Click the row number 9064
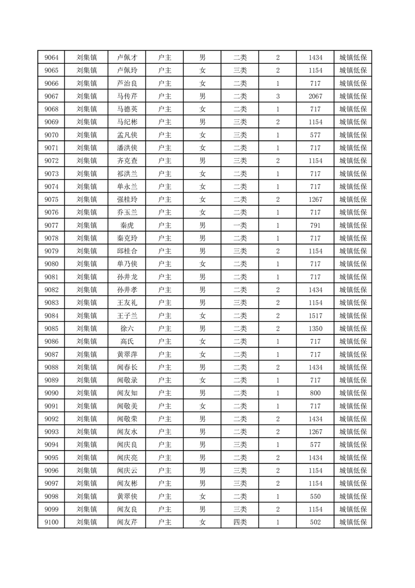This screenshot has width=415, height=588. tap(51, 57)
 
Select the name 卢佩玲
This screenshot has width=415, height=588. tap(127, 70)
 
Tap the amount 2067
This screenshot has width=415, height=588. tap(316, 96)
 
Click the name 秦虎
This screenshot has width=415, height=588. tap(127, 225)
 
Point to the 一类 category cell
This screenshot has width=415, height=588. tap(240, 225)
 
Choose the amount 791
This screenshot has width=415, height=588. tap(316, 225)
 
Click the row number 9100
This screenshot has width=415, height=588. tap(51, 522)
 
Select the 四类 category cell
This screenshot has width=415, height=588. tap(240, 522)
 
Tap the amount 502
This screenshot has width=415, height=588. tap(316, 522)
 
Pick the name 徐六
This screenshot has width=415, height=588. tap(127, 329)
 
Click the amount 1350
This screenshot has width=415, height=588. tap(316, 329)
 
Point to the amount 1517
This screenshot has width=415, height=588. tap(316, 315)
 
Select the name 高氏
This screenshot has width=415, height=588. tap(127, 342)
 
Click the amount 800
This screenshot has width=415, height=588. tap(316, 393)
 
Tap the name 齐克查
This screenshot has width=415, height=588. tap(127, 160)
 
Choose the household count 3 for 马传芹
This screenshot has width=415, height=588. tap(278, 96)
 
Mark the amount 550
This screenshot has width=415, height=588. tap(316, 496)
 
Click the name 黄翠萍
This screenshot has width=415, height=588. tap(127, 354)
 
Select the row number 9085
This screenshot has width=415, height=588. tap(51, 329)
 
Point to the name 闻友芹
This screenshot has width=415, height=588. tap(127, 522)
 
